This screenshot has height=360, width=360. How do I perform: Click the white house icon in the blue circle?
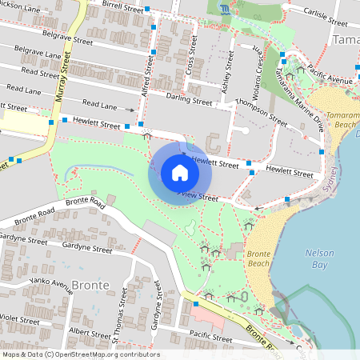point(179,173)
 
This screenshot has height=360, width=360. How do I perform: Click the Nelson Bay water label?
point(320,258)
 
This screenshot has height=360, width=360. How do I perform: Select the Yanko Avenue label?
point(50,283)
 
